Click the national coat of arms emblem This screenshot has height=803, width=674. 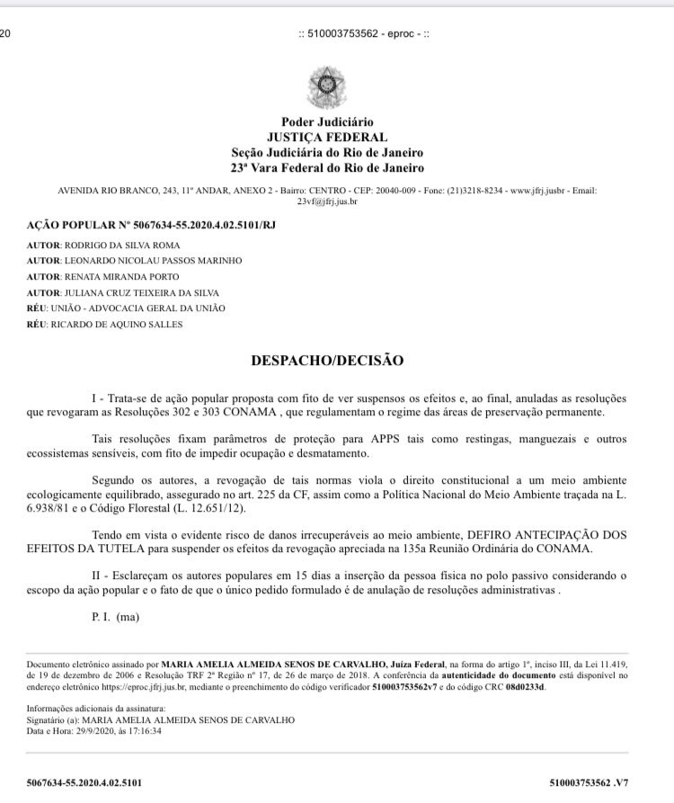tap(327, 87)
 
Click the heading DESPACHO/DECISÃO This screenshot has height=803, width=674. tap(327, 361)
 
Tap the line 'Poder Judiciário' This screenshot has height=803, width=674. tap(327, 122)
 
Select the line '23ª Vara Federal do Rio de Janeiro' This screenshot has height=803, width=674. tap(327, 167)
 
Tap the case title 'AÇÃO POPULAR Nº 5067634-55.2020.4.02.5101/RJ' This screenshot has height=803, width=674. tap(151, 224)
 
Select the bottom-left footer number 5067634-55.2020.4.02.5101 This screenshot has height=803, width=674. tap(85, 783)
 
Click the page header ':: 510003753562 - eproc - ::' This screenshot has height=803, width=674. tap(368, 33)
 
